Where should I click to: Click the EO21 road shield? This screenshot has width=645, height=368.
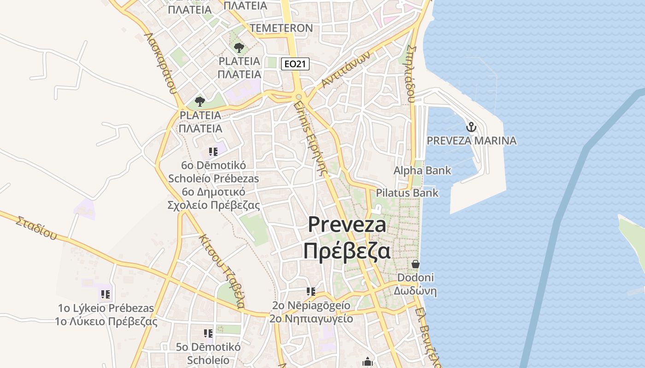[295, 64]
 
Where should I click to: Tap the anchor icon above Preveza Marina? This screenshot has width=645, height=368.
[471, 127]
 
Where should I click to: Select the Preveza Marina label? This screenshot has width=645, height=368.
[471, 141]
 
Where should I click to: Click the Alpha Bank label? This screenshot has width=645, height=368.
[422, 171]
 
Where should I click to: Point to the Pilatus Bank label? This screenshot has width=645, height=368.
[407, 193]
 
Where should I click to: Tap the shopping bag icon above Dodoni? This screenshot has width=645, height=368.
[416, 264]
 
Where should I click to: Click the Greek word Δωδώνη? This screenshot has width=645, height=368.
[415, 291]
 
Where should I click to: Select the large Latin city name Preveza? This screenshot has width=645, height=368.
[347, 224]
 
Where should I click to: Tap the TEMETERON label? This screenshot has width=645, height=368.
[281, 28]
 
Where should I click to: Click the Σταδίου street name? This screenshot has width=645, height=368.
[36, 228]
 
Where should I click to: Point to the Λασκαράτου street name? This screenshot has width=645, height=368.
[160, 63]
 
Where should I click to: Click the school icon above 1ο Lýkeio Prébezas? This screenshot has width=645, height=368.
[106, 293]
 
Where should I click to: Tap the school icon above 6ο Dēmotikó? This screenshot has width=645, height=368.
[213, 151]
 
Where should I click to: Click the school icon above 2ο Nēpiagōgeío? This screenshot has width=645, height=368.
[311, 291]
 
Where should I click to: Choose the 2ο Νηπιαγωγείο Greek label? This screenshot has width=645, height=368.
[311, 319]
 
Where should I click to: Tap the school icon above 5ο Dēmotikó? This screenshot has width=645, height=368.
[208, 333]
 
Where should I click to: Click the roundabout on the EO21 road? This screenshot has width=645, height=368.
[299, 97]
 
